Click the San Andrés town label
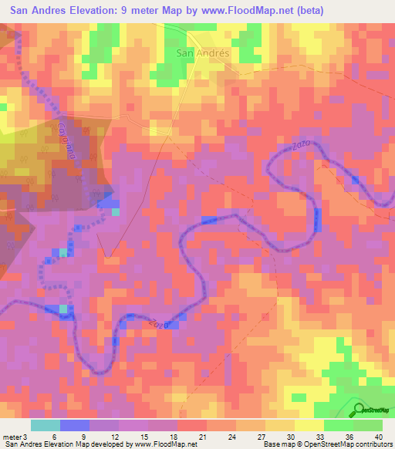pos(203,53)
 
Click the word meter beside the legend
pos(12,436)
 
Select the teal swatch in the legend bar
pos(46,425)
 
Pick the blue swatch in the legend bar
pos(75,425)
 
